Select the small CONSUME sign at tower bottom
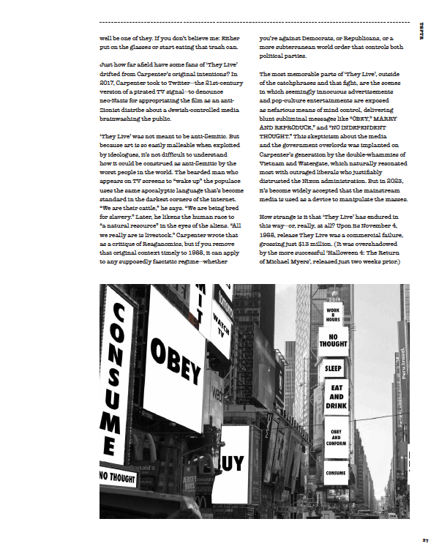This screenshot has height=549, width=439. pos(337,474)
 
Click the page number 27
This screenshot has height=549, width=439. pos(425,539)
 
